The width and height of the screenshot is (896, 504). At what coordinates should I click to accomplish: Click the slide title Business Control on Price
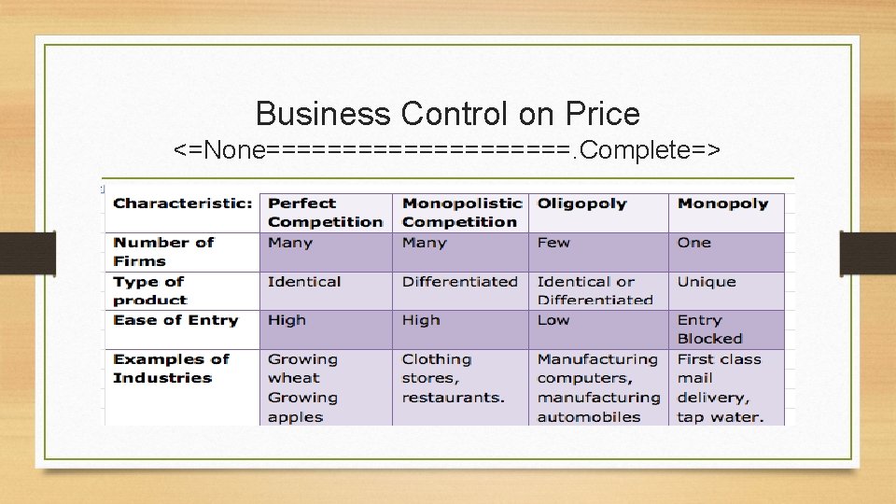click(x=447, y=114)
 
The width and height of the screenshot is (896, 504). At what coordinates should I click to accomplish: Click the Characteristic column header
click(x=183, y=203)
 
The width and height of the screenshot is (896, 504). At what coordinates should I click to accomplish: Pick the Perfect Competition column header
click(x=325, y=213)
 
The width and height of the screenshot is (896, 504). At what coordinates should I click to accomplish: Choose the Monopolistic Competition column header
click(x=461, y=213)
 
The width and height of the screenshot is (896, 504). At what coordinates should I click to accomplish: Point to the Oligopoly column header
click(x=581, y=203)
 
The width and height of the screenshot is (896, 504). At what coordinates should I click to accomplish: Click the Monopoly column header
click(x=722, y=203)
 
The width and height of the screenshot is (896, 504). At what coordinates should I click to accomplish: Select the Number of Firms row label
click(x=163, y=252)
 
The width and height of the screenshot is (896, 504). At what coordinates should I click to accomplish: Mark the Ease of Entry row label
click(x=175, y=320)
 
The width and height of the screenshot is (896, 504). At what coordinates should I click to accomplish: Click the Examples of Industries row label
click(x=171, y=369)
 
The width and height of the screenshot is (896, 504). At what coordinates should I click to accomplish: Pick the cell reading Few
click(x=553, y=243)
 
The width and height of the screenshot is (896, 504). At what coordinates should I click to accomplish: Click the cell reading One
click(x=694, y=243)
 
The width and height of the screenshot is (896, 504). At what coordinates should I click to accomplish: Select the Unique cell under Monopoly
click(x=707, y=282)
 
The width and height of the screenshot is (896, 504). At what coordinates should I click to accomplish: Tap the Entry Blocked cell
click(x=709, y=329)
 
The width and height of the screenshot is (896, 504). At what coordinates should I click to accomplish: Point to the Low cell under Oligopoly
click(x=553, y=320)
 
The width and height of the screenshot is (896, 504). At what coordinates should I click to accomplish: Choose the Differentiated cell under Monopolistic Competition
click(x=459, y=282)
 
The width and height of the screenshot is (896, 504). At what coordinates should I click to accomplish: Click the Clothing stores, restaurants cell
click(x=453, y=378)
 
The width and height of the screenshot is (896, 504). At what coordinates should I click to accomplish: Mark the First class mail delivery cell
click(x=720, y=387)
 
